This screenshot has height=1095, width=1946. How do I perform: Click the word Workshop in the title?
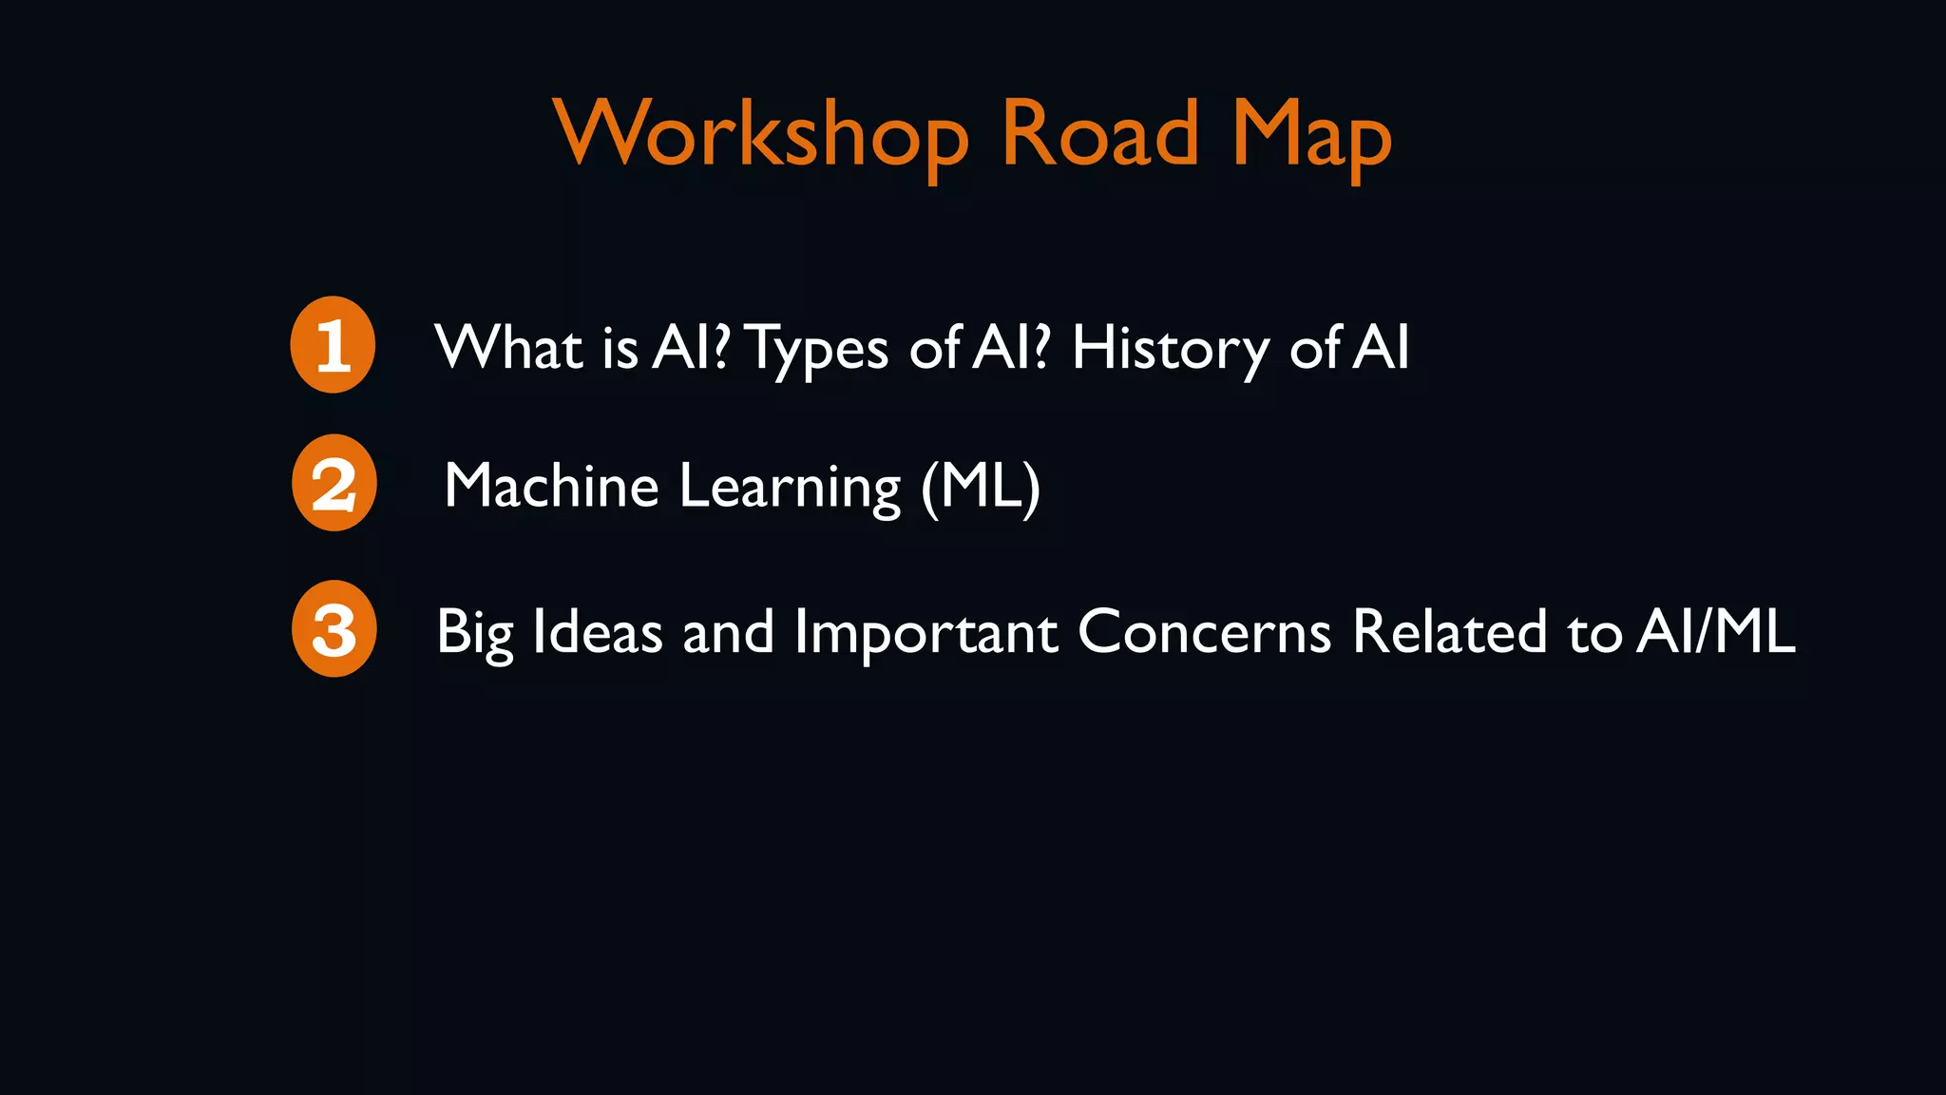pos(760,134)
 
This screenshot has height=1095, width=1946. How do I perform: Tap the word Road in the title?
pos(1099,134)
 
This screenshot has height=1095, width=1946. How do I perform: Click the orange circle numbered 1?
pos(333,344)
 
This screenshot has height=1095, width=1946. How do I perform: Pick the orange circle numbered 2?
pos(334,483)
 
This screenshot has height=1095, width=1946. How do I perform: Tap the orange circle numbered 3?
pos(334,628)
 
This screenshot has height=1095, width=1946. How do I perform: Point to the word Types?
pos(818,349)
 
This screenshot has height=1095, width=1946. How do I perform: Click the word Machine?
pos(551,486)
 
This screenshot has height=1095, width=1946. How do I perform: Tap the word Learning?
pos(790,488)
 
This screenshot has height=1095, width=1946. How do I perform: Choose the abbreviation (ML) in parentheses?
pos(981,487)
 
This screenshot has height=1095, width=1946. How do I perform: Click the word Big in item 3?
pos(474,632)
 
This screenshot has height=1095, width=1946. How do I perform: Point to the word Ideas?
pos(598,631)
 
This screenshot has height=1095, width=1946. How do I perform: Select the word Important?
pos(925,632)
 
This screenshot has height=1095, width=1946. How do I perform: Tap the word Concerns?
pos(1204,631)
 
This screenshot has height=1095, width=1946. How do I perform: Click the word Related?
pos(1450,631)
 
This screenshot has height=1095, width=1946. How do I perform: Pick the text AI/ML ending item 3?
pos(1715,631)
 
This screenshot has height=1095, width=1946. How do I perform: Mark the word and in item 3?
pos(729,631)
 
